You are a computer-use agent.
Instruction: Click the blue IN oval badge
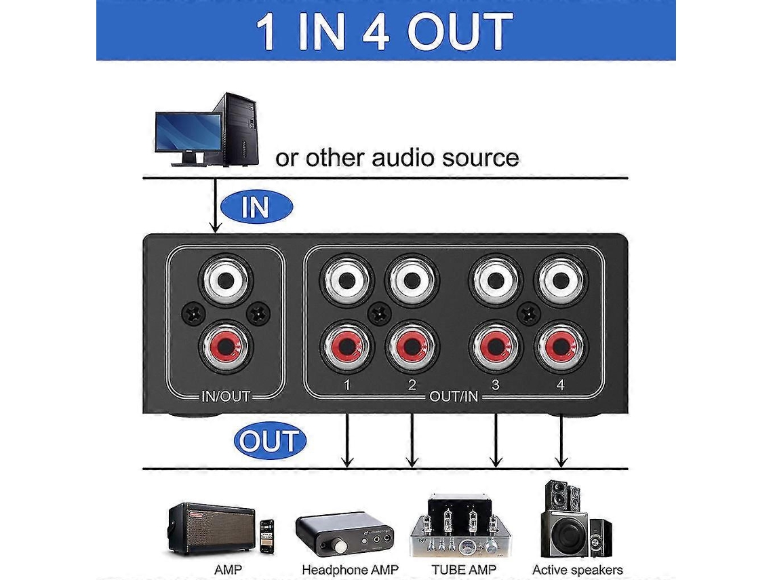pos(256,207)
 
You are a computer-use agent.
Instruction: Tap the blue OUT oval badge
pos(270,440)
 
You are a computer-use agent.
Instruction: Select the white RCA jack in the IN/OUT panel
pos(226,280)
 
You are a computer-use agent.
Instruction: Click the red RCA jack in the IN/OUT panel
pos(226,346)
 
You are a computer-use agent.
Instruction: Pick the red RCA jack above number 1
pos(346,346)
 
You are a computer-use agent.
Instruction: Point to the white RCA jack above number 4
pos(560,280)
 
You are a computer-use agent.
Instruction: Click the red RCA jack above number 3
pos(496,346)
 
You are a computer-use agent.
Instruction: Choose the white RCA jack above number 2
pos(412,280)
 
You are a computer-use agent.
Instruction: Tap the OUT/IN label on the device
pos(454,397)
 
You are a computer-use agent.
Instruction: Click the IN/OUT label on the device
pos(226,397)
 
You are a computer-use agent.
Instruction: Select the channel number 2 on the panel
pos(412,384)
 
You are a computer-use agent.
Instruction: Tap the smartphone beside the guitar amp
pos(266,536)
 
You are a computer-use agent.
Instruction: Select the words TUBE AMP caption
pos(463,570)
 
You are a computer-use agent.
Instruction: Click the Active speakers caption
pos(577,570)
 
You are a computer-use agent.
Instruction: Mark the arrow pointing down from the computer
pos(215,205)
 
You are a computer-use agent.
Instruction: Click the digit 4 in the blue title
pos(376,32)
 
